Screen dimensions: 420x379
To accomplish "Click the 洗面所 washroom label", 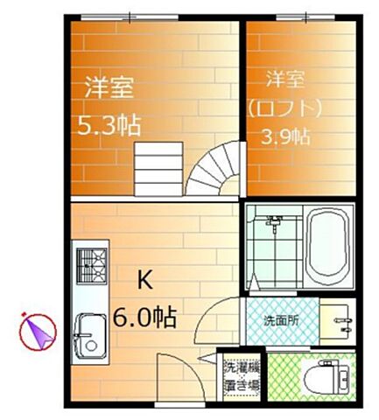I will (x=282, y=320).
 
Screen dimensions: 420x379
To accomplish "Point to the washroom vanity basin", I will (x=338, y=320).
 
